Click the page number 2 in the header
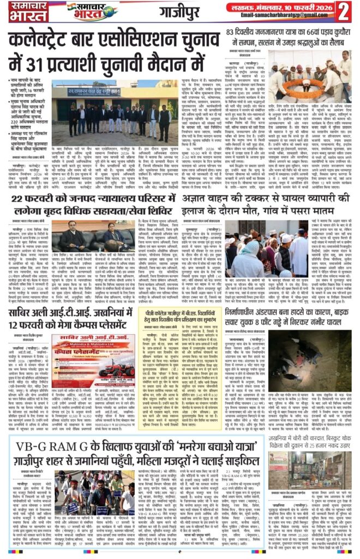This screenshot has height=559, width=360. [x=344, y=11]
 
